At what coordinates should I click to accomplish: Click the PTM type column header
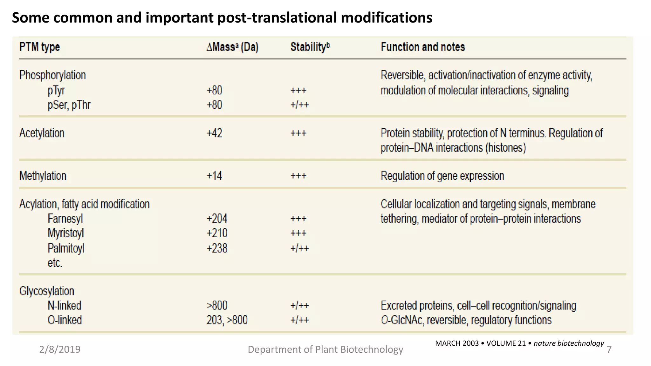click(x=40, y=47)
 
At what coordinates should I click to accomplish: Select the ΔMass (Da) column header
click(x=232, y=47)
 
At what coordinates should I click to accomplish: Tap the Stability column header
click(x=310, y=47)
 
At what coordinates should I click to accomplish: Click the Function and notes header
click(x=423, y=47)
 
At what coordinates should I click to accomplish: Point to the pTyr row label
click(x=56, y=91)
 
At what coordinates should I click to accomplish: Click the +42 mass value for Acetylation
click(x=215, y=133)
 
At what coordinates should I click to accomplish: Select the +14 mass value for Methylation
click(x=215, y=176)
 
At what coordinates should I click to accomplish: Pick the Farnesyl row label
click(x=65, y=219)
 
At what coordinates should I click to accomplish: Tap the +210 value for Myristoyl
click(x=217, y=233)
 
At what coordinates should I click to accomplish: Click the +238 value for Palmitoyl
click(x=217, y=248)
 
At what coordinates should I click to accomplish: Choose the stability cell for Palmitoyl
click(x=299, y=248)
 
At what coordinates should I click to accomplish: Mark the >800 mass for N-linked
click(x=217, y=306)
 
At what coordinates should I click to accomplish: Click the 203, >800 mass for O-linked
click(x=227, y=320)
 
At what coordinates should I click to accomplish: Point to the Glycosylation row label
click(x=47, y=291)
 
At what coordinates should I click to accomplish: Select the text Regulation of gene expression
click(x=442, y=176)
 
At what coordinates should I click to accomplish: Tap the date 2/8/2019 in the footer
click(x=60, y=349)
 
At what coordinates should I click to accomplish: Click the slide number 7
click(x=609, y=349)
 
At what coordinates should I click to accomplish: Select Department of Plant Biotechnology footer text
click(x=325, y=349)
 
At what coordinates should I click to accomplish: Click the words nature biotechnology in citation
click(x=568, y=343)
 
